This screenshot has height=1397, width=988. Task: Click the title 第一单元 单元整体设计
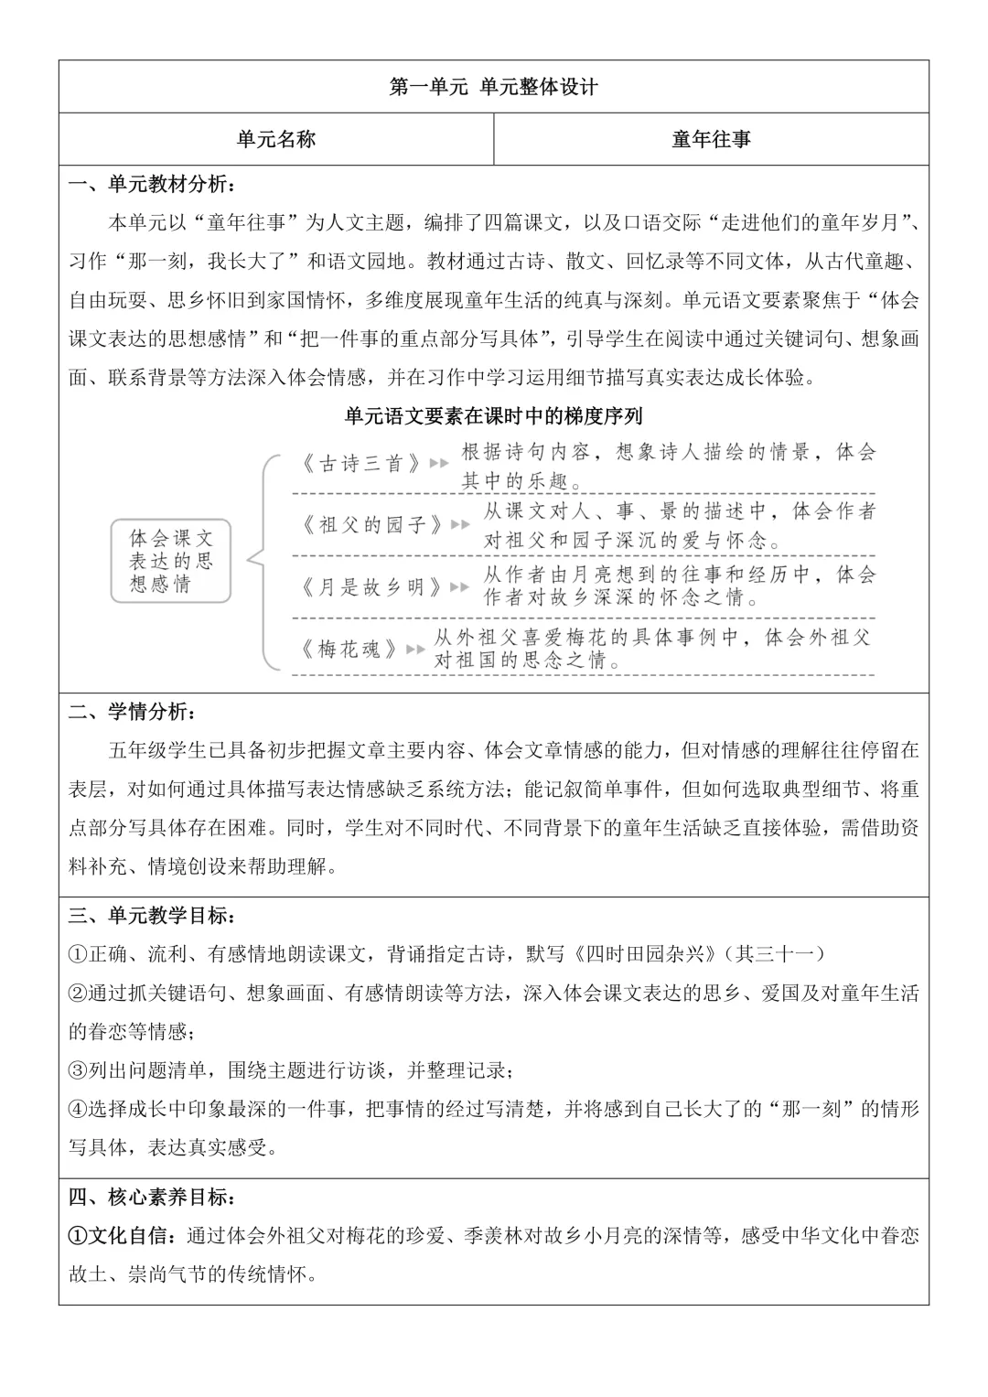pyautogui.click(x=493, y=87)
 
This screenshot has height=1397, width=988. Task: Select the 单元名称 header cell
pyautogui.click(x=275, y=139)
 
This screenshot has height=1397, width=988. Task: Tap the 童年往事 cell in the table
pyautogui.click(x=711, y=139)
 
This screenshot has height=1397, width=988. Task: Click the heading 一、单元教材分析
pyautogui.click(x=152, y=184)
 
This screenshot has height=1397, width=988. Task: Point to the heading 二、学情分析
pyautogui.click(x=132, y=712)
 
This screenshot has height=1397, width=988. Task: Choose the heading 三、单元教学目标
pyautogui.click(x=152, y=915)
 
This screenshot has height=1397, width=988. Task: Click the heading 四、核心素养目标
pyautogui.click(x=152, y=1197)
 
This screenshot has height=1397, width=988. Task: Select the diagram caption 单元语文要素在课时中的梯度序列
pyautogui.click(x=493, y=416)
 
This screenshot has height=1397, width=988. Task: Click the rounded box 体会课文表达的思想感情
pyautogui.click(x=171, y=561)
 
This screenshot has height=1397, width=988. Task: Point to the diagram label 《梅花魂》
pyautogui.click(x=350, y=649)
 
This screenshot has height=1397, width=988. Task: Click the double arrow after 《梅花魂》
pyautogui.click(x=416, y=649)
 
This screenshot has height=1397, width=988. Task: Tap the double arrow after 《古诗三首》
pyautogui.click(x=439, y=464)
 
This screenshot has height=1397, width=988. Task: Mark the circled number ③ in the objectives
pyautogui.click(x=78, y=1070)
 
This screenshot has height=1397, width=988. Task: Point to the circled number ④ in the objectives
pyautogui.click(x=78, y=1109)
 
